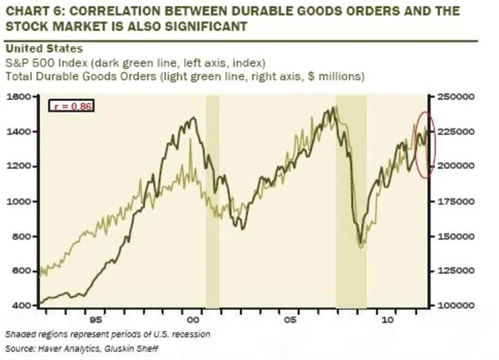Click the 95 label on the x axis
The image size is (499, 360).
tap(96, 319)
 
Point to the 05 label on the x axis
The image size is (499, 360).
tap(291, 319)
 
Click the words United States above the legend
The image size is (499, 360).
tap(37, 48)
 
